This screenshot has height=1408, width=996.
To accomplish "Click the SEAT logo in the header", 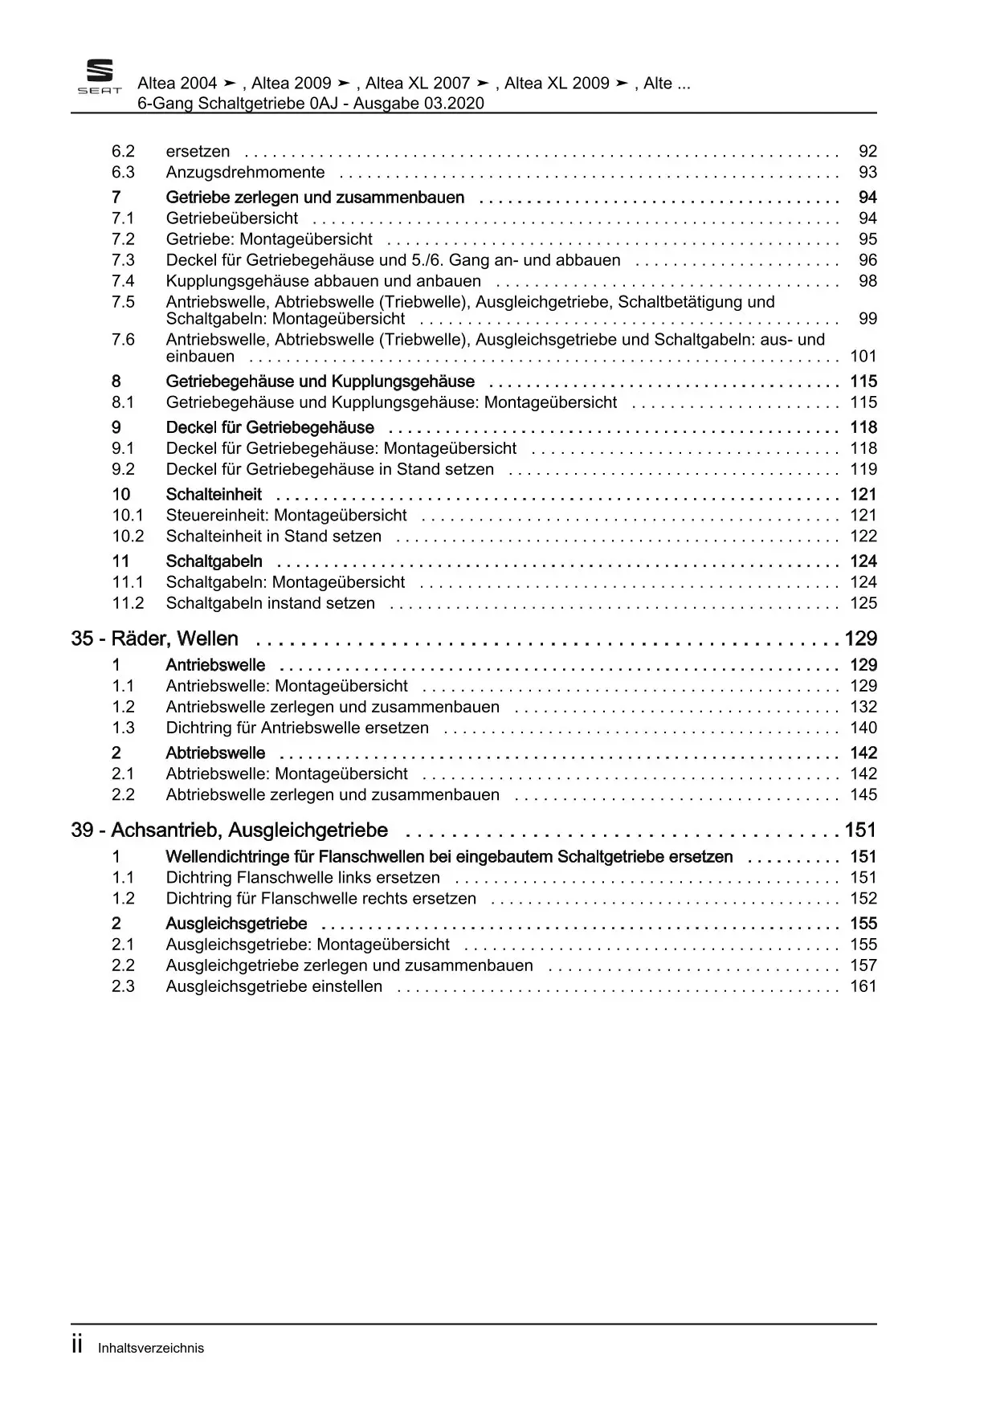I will coord(99,78).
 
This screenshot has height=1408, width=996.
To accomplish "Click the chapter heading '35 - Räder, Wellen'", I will coord(155,639).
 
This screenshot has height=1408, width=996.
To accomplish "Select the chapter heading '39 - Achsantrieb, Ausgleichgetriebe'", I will coord(230,830).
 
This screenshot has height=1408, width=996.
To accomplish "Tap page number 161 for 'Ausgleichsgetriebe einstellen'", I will coord(863,986).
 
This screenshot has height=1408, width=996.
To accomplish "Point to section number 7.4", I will coord(123,281).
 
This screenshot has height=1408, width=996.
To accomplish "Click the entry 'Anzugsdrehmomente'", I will coord(245,172).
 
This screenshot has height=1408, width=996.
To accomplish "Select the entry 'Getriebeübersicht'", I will coord(231,218).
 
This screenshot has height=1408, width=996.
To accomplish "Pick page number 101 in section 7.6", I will coord(863,357).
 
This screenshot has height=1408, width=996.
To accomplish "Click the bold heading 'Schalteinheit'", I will coord(214,495).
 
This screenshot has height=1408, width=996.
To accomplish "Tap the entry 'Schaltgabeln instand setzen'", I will coord(270,603).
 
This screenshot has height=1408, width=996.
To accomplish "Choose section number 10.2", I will coord(128,537).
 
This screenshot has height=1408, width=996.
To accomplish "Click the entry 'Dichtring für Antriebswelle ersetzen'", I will coord(297,728).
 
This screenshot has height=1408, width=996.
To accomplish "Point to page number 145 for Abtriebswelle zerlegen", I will coord(863,794).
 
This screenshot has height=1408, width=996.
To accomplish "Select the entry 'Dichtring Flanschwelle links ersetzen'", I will coord(303,878).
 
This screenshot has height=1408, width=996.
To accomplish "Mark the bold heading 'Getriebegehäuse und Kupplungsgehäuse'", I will coord(320,382).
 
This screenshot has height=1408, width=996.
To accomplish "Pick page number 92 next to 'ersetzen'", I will coord(867,151).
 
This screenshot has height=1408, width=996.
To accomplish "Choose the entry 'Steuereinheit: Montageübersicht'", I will coord(286,516).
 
